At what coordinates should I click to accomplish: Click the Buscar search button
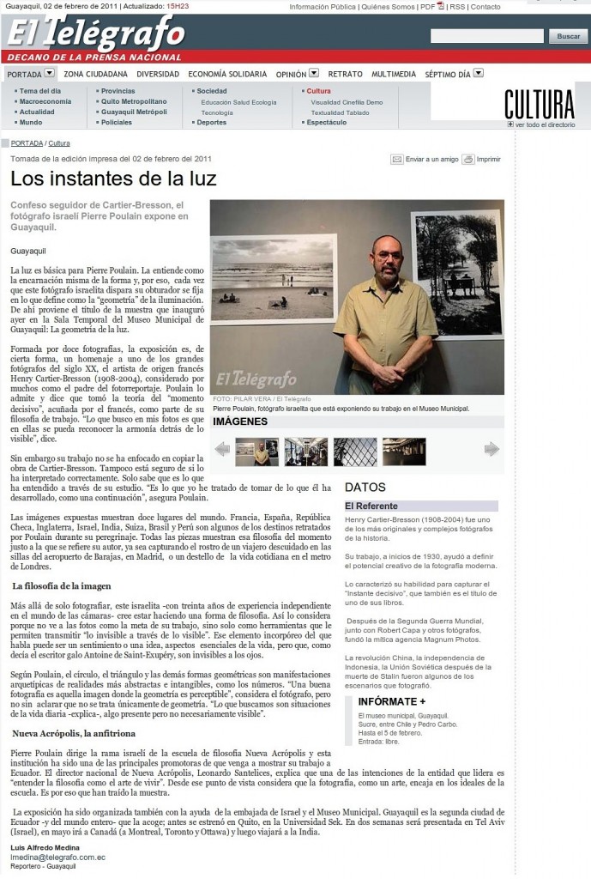pos(568,36)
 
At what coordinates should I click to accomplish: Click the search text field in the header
pos(486,36)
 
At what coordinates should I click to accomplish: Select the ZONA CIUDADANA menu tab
pos(96,74)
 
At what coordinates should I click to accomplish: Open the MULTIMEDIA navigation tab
pos(394,74)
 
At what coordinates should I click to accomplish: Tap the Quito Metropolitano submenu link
pos(133,101)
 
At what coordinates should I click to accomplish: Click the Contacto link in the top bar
pos(485,7)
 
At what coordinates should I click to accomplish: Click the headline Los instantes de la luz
pos(113,179)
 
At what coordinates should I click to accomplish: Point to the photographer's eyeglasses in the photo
pos(389,254)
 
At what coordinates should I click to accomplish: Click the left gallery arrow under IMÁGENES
pos(222,448)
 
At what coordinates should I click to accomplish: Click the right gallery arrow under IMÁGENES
pos(491,448)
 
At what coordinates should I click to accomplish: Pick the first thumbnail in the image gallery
pos(256,452)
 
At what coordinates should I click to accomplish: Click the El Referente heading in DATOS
pos(371,506)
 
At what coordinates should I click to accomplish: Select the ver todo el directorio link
pos(545,124)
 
